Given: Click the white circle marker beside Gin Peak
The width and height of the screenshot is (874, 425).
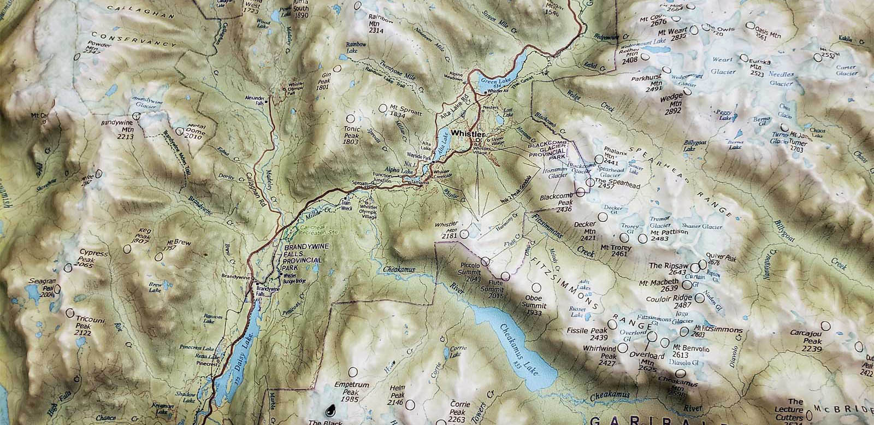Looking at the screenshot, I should point(338,69).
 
